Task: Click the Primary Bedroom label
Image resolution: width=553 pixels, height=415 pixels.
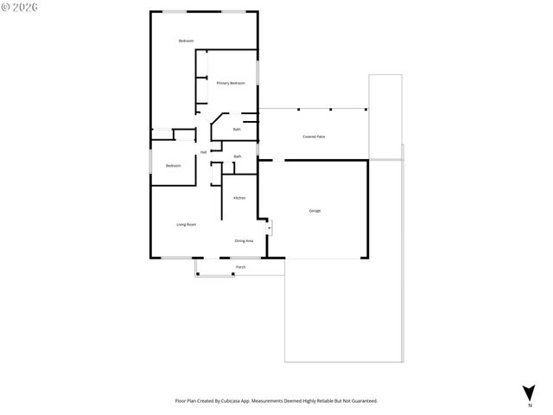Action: point(231,83)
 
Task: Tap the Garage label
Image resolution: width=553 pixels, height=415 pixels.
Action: point(315,210)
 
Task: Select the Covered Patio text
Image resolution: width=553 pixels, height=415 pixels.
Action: point(314,137)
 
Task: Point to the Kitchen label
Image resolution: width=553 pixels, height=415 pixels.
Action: point(239,198)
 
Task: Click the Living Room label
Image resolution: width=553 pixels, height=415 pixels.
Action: point(186,225)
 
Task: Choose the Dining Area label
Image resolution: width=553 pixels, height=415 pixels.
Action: point(244,240)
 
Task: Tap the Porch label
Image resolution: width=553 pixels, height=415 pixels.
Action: point(240,267)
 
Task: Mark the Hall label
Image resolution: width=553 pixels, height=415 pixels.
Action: point(204,152)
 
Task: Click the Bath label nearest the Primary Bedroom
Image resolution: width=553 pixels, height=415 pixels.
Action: point(237,130)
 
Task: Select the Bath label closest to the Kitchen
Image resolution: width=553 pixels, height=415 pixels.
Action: point(237,156)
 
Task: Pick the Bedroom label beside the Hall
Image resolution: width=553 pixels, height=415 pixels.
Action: point(173,165)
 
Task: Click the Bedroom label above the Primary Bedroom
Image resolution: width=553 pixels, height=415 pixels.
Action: point(186,41)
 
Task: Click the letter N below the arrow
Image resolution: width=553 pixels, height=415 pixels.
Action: point(529,405)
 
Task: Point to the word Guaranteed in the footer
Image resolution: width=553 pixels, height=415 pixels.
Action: point(360,401)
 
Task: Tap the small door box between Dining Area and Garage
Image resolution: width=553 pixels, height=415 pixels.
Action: point(269,228)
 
